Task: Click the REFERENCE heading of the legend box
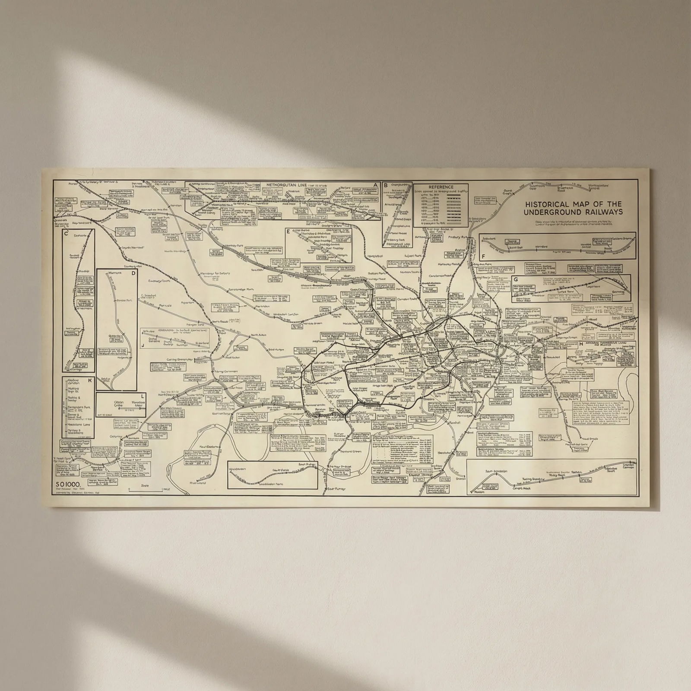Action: (441, 187)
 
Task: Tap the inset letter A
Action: (376, 185)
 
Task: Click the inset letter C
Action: (66, 234)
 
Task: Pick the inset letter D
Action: (133, 273)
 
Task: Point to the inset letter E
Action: (288, 231)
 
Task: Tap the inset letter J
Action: (143, 345)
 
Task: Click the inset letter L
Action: (143, 396)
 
